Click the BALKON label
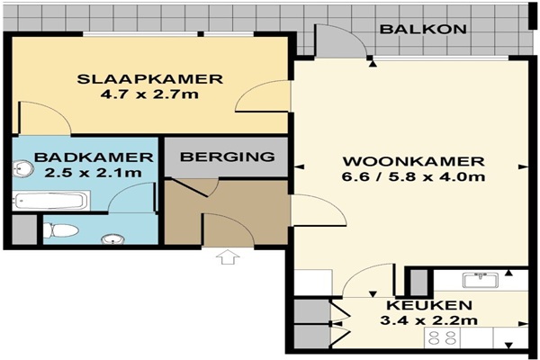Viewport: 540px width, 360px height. tap(423, 29)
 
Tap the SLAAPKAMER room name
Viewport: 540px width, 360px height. tap(149, 79)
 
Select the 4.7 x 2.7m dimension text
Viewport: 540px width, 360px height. tap(149, 94)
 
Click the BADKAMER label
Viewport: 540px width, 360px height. tap(94, 157)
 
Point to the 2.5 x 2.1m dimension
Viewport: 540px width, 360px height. tap(93, 172)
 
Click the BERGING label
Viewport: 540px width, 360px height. tap(228, 157)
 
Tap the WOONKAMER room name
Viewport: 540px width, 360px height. tap(414, 161)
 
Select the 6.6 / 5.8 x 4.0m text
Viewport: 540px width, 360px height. tap(413, 176)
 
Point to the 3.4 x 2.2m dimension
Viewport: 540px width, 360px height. tap(428, 320)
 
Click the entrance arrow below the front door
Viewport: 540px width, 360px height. tap(228, 257)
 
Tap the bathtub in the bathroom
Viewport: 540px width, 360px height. tap(51, 201)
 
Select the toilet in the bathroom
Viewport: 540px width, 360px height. tap(60, 230)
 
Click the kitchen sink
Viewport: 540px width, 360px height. tap(481, 280)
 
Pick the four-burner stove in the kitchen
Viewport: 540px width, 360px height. tap(442, 337)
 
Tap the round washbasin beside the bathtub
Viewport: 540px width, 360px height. tap(22, 169)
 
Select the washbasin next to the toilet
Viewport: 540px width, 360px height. tap(113, 239)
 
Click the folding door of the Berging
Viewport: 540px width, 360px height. tap(191, 188)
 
